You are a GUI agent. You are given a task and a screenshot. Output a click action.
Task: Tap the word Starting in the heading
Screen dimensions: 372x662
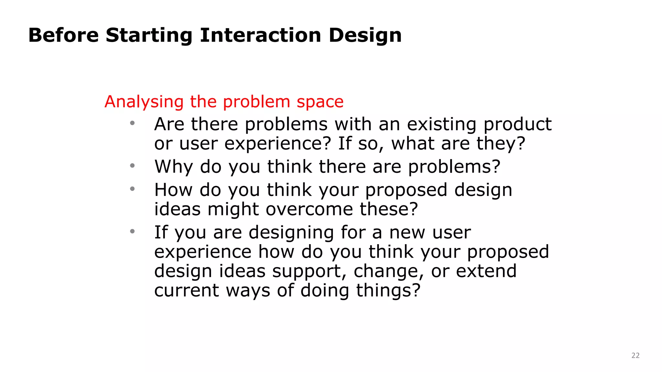point(149,36)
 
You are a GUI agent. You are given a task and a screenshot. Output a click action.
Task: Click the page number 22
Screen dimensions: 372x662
point(635,356)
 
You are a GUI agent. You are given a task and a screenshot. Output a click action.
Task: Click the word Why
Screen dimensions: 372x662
point(174,167)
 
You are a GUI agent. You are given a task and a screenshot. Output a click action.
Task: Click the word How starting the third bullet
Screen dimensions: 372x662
point(173,190)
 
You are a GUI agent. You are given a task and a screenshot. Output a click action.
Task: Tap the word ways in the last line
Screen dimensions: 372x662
point(248,291)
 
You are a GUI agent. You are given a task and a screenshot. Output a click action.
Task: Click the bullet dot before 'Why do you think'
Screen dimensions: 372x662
point(132,166)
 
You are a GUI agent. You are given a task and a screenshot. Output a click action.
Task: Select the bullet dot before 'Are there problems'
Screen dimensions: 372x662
point(132,123)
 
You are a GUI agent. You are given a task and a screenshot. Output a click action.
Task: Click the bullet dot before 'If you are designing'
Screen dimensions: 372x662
point(132,231)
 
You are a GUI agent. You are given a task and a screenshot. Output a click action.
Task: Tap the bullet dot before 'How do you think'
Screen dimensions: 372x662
point(132,189)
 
